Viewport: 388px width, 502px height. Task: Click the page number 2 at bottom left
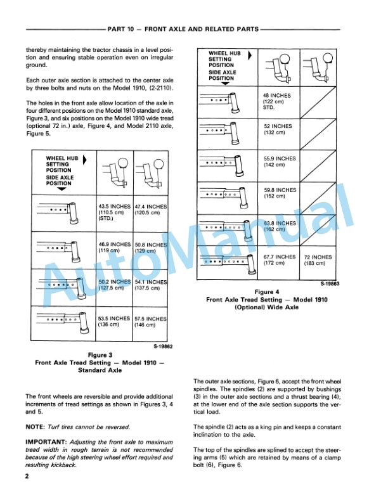point(27,476)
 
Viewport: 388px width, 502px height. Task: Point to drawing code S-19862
point(163,347)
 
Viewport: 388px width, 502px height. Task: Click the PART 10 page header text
point(183,29)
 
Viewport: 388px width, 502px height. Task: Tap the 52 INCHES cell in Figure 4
point(278,129)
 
